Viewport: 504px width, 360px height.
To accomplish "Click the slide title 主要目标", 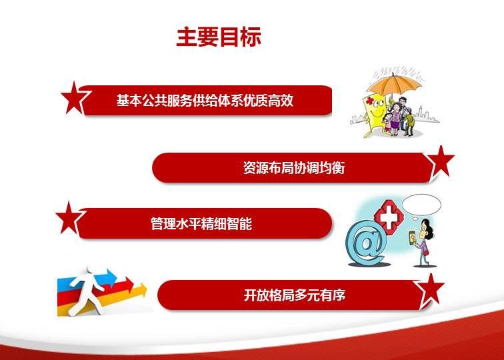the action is click(219, 37).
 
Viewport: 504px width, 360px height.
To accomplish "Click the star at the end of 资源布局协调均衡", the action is click(441, 162).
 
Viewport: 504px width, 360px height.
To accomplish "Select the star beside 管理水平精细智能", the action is click(69, 219).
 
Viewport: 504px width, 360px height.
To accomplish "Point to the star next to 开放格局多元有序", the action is click(430, 290).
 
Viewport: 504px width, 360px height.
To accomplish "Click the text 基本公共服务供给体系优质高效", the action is click(205, 100).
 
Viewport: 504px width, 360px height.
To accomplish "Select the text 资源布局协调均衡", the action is click(294, 168).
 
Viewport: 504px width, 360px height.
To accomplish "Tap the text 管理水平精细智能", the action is click(201, 224).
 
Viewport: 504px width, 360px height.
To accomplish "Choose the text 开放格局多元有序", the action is click(295, 295).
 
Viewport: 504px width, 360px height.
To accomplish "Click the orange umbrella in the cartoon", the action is click(394, 84).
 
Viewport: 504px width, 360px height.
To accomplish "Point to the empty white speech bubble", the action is click(421, 205).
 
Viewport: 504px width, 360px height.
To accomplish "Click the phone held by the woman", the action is click(412, 238).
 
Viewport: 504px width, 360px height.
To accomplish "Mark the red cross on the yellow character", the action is click(370, 101).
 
